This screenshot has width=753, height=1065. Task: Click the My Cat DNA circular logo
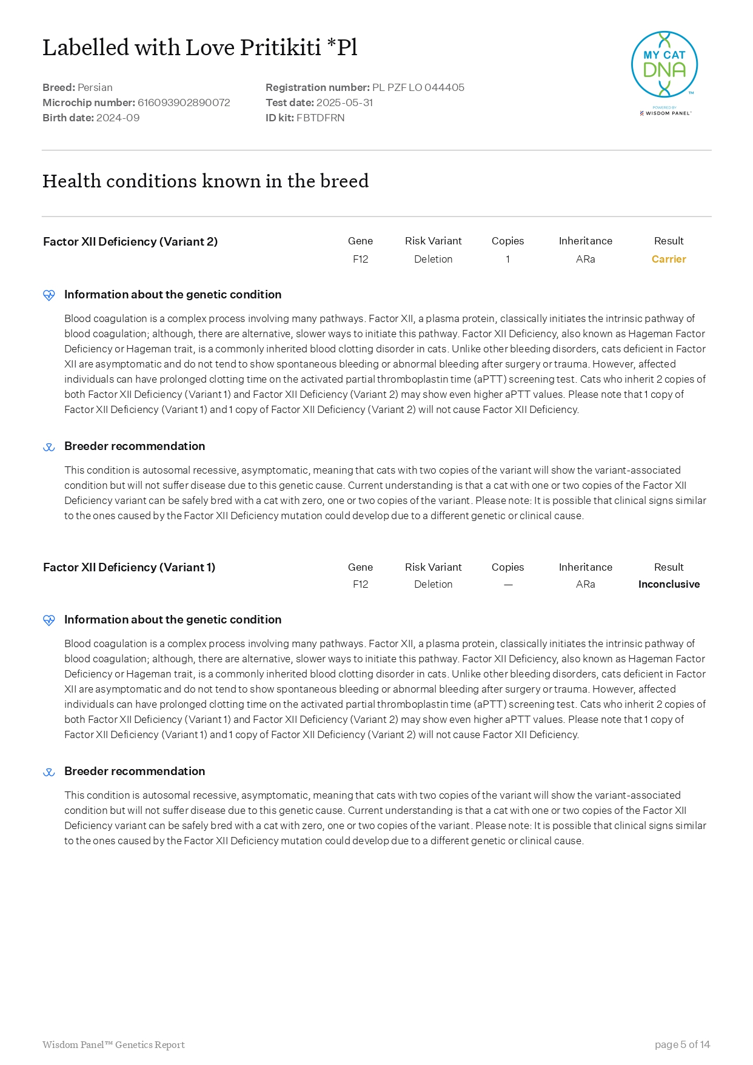[x=664, y=65]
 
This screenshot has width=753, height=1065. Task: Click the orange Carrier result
[x=668, y=259]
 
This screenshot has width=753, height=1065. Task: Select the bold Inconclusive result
[x=669, y=584]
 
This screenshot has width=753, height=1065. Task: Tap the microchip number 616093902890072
[x=184, y=102]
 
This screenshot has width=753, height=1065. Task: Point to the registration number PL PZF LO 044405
[x=418, y=87]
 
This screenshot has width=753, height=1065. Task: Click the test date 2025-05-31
[x=344, y=102]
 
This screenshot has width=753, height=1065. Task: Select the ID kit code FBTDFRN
[x=320, y=118]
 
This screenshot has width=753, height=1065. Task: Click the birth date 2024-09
[x=118, y=118]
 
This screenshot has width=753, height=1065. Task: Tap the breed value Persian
[x=95, y=87]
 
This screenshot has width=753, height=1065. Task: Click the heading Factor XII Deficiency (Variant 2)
[x=130, y=241]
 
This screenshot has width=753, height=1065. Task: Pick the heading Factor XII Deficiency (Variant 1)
[x=129, y=567]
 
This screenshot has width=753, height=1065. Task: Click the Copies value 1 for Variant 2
[x=507, y=259]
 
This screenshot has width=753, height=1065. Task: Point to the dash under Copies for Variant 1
[x=508, y=585]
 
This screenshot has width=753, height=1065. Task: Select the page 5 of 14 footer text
[x=682, y=1044]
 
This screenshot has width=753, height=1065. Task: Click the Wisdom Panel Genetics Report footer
[x=113, y=1044]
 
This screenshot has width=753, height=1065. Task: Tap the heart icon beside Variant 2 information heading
[x=49, y=295]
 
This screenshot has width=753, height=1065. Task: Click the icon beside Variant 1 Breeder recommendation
[x=49, y=772]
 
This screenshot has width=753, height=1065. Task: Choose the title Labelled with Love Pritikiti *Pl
[x=200, y=47]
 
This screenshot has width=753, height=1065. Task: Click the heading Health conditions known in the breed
[x=206, y=181]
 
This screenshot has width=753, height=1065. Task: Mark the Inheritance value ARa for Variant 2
[x=585, y=259]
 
